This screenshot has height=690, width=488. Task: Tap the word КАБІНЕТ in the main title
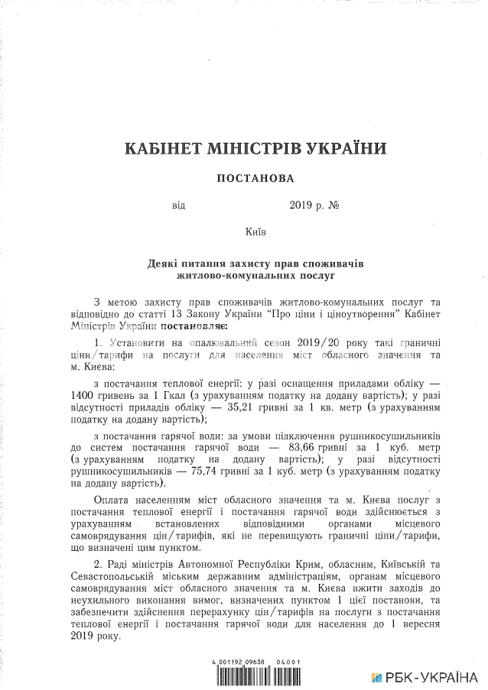tap(164, 147)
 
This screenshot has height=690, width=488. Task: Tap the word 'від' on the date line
tap(178, 205)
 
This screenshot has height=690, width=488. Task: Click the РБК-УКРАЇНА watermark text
tap(431, 678)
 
